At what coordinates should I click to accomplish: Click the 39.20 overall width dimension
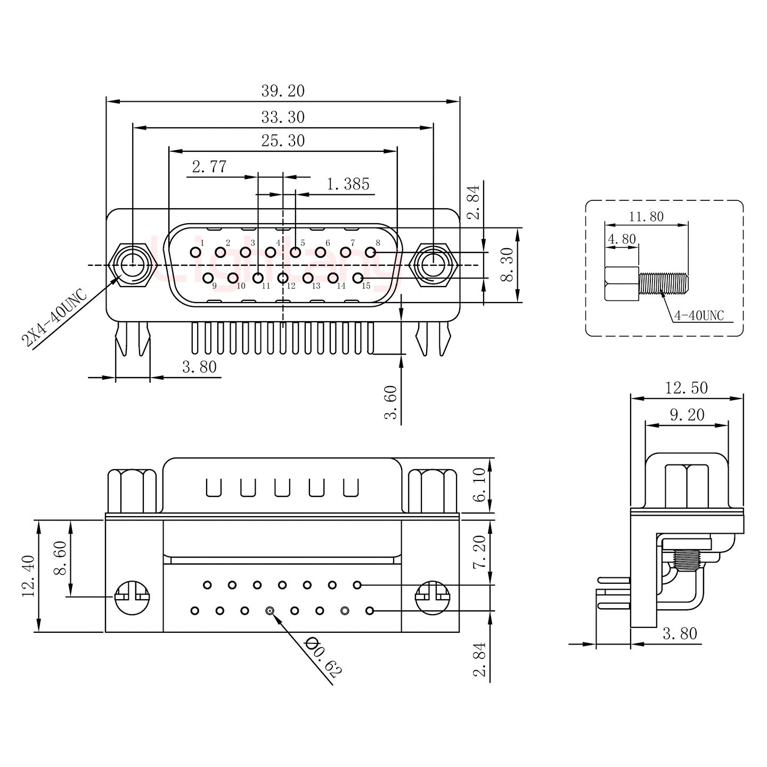point(282,91)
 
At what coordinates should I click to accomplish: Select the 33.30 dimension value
point(282,117)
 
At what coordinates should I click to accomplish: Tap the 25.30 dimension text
point(282,141)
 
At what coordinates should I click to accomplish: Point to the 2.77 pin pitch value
point(209,167)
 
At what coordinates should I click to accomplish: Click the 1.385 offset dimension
point(347,184)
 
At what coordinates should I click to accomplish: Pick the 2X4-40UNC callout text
point(54,318)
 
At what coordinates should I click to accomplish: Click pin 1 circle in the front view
point(195,252)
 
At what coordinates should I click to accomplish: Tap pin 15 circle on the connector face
point(358,278)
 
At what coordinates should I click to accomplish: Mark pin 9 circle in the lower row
point(208,278)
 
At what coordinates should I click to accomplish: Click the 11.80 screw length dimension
point(646,217)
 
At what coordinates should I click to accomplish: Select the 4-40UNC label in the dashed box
point(699,316)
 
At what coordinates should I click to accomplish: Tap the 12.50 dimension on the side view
point(686,388)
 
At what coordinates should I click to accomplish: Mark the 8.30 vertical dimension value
point(508,265)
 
